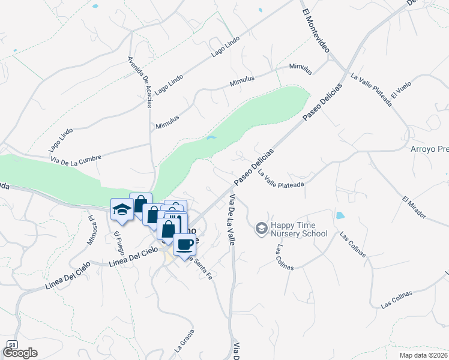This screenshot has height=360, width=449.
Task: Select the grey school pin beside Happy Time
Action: (x=261, y=228)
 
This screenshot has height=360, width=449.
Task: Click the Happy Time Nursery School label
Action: (x=299, y=229)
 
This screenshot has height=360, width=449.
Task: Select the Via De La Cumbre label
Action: (x=76, y=158)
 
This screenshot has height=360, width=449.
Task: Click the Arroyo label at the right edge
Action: (x=429, y=150)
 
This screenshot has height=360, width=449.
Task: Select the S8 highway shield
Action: (x=11, y=344)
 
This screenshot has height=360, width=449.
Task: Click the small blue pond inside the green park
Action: (x=211, y=137)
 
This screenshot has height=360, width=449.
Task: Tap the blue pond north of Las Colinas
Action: (x=340, y=215)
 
